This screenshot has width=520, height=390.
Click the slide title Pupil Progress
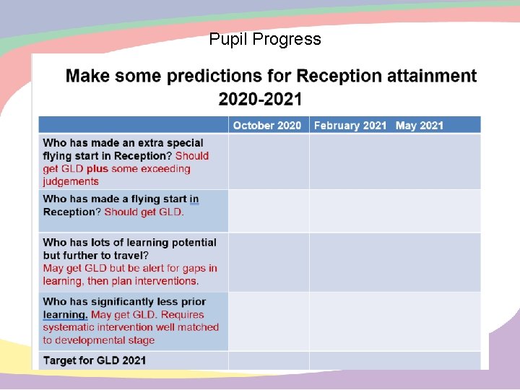point(265,39)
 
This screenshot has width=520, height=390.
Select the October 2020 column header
point(267,126)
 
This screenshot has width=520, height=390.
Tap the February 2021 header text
point(350,126)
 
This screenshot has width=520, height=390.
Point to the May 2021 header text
point(419,126)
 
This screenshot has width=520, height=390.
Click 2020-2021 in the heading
point(260,98)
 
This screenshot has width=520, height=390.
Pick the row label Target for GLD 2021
point(95,360)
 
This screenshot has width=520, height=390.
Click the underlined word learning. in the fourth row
point(65,315)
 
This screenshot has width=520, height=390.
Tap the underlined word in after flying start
point(194,199)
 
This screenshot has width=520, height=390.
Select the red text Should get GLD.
point(144,212)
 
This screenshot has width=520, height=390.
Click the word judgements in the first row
point(71,181)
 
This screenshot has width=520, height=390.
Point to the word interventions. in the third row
point(164,281)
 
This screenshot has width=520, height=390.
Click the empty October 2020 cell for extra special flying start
point(269,162)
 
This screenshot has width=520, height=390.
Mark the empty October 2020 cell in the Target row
point(269,360)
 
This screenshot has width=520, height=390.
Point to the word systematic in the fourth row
point(69,328)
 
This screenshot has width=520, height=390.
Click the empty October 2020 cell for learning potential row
point(269,261)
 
